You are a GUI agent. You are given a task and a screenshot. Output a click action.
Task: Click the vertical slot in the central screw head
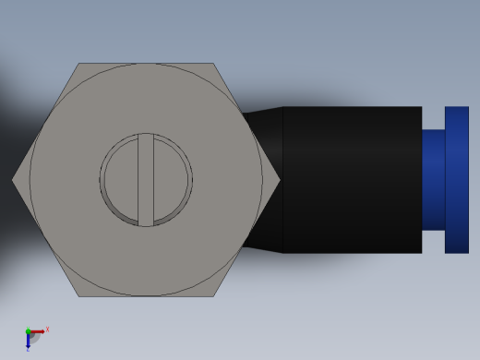(145, 180)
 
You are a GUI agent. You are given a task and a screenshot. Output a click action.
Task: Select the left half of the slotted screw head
(121, 179)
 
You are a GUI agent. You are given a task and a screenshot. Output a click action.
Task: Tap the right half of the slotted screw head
(171, 179)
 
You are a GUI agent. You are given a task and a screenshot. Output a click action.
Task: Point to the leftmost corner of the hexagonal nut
(14, 179)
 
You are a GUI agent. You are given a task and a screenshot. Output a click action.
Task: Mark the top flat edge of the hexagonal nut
(146, 64)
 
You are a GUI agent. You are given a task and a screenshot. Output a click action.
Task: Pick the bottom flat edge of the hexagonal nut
(146, 295)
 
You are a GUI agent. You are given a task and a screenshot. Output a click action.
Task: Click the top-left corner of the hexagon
(79, 64)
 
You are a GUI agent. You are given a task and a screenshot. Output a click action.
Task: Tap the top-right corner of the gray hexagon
(213, 64)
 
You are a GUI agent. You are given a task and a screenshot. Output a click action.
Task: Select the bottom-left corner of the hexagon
(79, 295)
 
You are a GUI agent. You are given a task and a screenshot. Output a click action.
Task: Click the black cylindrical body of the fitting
(351, 180)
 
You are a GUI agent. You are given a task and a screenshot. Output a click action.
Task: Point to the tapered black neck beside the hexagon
(265, 180)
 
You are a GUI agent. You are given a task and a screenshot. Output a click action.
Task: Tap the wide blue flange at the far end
(456, 180)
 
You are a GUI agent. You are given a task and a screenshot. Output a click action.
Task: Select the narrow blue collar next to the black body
(433, 180)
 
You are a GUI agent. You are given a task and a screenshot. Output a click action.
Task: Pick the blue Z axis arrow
(28, 341)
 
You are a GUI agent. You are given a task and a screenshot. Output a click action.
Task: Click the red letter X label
(47, 329)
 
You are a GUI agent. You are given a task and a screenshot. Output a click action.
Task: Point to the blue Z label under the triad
(28, 350)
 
